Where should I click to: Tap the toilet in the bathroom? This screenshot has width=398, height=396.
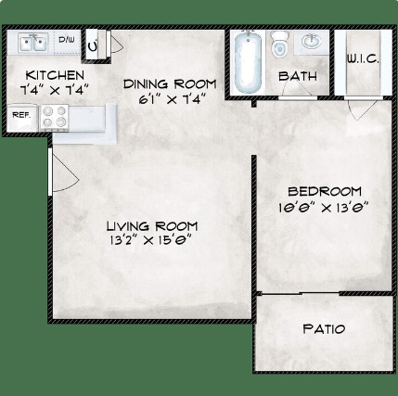click(279, 45)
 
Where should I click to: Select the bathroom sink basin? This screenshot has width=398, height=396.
click(311, 42)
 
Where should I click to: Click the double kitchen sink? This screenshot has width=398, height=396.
click(33, 42)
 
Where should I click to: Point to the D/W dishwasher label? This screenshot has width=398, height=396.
click(67, 40)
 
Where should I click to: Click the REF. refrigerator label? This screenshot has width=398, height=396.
click(21, 115)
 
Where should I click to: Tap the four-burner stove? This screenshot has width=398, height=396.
click(55, 117)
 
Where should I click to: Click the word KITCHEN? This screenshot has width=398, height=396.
click(55, 75)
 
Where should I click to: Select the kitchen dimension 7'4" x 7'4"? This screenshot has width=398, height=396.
click(55, 90)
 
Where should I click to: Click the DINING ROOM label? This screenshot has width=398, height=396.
click(170, 84)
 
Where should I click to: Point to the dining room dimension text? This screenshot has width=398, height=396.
click(172, 99)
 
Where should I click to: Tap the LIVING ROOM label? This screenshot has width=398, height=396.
click(152, 226)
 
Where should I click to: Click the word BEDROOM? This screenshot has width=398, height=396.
click(325, 192)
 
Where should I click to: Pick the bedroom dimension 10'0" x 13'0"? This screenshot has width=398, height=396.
click(324, 207)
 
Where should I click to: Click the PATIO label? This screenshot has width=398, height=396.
click(324, 329)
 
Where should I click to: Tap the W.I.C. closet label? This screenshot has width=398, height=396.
click(363, 58)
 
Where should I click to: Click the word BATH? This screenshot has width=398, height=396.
click(298, 76)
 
